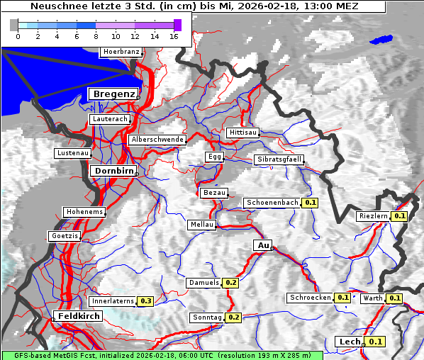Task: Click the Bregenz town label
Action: pos(112,94)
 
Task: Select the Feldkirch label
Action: pos(78,315)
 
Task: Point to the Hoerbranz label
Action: pos(121,52)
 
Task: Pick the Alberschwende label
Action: pos(157,140)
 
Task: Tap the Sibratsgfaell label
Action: pos(279,159)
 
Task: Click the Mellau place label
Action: pos(201,225)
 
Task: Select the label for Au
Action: pos(262,245)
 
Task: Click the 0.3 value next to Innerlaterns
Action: pos(145,301)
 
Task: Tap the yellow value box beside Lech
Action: pos(375,342)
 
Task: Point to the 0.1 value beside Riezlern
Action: pos(399,216)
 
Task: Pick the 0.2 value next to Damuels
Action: pos(230,283)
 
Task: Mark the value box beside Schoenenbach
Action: pos(310,203)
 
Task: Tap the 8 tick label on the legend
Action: pos(96,36)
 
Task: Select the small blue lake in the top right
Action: pos(381,40)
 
